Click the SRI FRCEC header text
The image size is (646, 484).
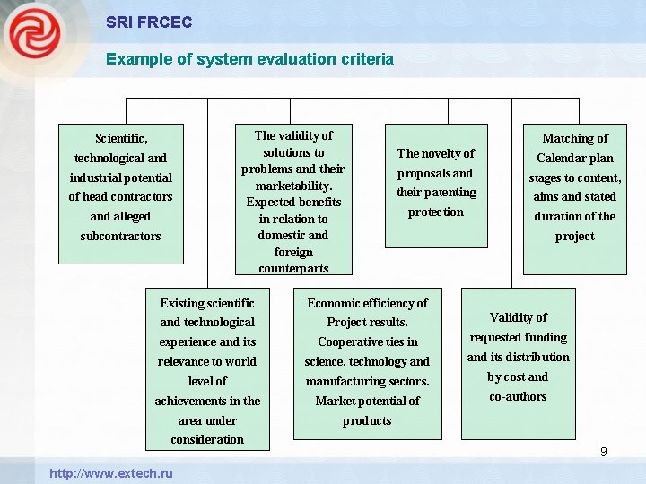click(149, 22)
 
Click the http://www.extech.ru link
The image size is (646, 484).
click(111, 472)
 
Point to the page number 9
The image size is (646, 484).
click(604, 452)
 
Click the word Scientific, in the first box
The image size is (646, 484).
click(121, 138)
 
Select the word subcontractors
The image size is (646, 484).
click(121, 236)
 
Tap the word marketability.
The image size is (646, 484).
click(293, 186)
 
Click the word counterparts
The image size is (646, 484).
click(293, 268)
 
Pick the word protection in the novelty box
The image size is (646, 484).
click(436, 212)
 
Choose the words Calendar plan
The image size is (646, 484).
click(575, 158)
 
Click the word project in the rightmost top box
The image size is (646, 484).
click(575, 236)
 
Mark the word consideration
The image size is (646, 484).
click(207, 439)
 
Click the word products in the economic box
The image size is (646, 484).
click(367, 420)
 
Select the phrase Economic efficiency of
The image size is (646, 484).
click(367, 303)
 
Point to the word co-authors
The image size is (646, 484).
click(518, 396)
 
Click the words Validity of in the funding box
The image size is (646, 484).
click(518, 317)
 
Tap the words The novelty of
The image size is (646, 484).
click(436, 153)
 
